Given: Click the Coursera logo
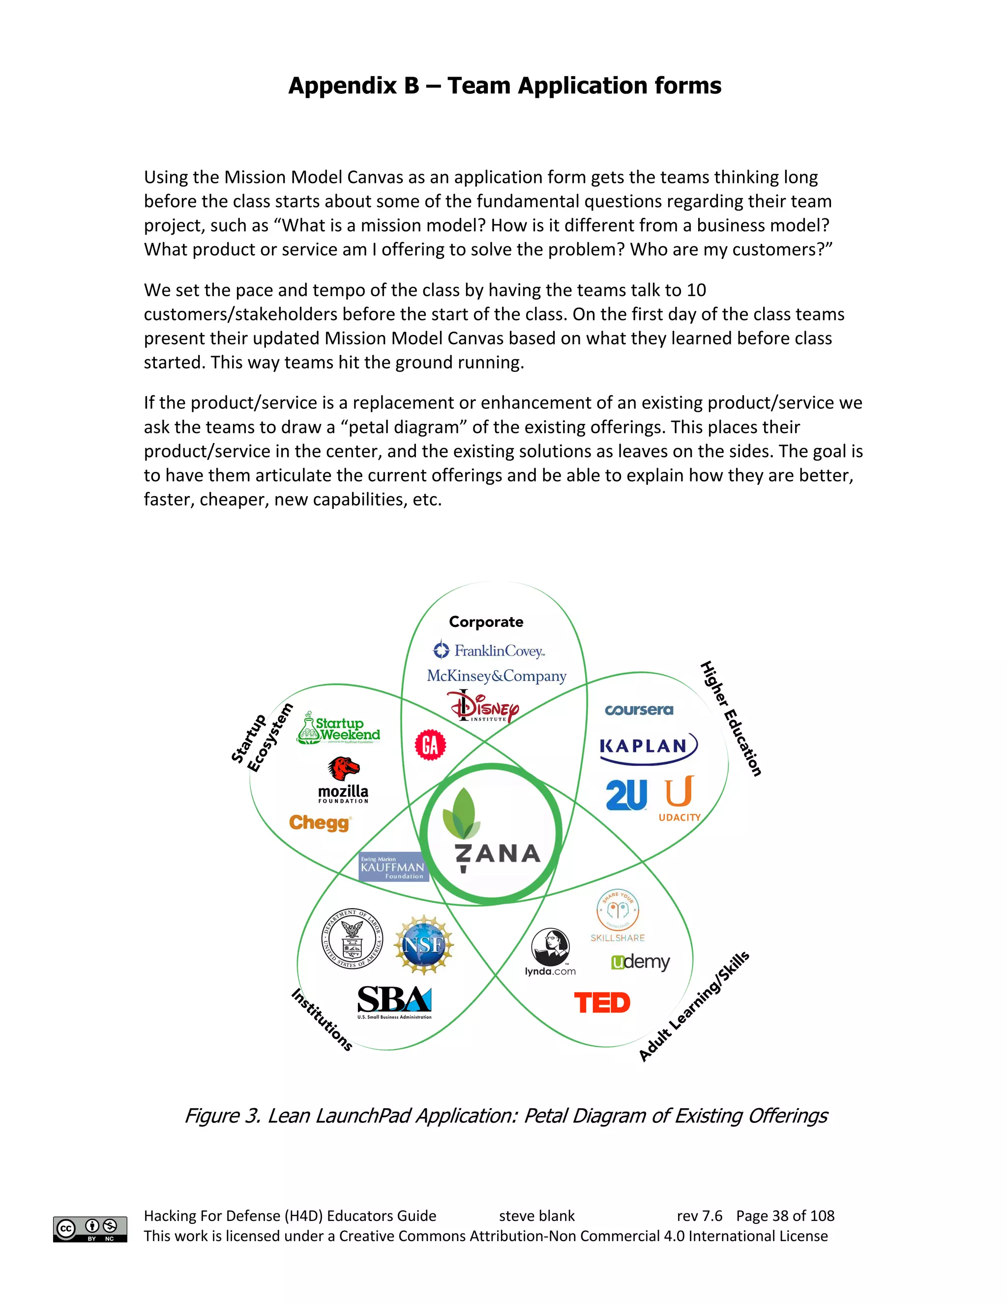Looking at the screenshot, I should (x=638, y=710).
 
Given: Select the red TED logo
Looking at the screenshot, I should (x=602, y=1003).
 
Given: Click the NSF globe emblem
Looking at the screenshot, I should (x=423, y=945).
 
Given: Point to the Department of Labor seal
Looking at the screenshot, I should (x=352, y=939).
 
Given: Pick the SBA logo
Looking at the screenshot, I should (x=394, y=1002).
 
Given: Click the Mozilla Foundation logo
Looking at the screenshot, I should (x=344, y=780).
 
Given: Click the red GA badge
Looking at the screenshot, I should (x=430, y=744).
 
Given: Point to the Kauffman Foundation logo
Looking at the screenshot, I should (x=393, y=867).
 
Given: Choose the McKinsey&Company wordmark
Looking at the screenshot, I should (x=496, y=676).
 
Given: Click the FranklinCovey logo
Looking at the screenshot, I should (x=489, y=651).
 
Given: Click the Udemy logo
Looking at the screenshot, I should (x=640, y=962).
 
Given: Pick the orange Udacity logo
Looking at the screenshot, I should (x=680, y=798).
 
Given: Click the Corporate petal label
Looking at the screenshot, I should (x=486, y=622).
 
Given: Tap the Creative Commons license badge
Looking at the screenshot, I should (x=90, y=1229).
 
